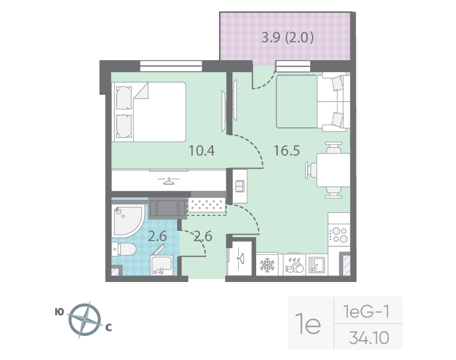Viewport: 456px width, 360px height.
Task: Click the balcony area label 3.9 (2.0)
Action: point(287,40)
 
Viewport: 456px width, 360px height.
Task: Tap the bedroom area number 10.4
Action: point(202,151)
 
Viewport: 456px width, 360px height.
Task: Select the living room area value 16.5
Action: point(286,151)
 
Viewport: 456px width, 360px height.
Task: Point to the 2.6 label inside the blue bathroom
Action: point(157,236)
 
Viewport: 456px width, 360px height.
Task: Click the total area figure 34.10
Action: point(369,338)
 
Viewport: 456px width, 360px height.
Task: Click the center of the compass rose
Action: point(85,319)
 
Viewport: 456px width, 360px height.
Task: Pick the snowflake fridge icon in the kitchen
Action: point(265,265)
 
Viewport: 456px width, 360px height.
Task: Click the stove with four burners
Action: point(340,233)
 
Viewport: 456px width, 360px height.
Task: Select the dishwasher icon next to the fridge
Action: point(294,265)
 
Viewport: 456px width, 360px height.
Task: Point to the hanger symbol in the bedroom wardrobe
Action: point(169,180)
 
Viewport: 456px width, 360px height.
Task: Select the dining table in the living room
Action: point(332,170)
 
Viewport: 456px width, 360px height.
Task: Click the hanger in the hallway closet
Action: point(239,257)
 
